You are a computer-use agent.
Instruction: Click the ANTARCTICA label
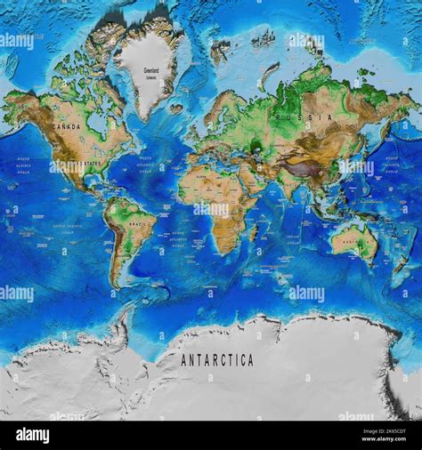click(217, 360)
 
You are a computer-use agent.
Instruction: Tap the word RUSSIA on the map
click(293, 117)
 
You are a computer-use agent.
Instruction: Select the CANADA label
click(67, 127)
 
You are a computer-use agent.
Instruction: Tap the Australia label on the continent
click(356, 241)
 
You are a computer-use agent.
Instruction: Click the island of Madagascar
click(254, 232)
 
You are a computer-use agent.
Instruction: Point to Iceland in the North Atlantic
click(176, 108)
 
